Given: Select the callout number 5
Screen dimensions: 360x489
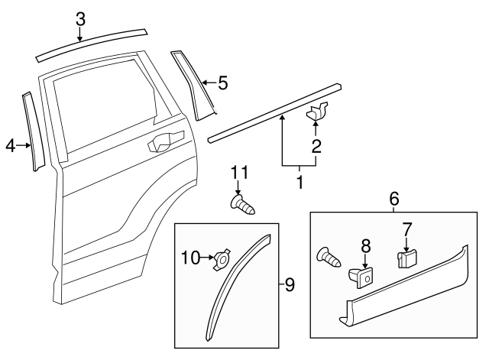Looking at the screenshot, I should point(222,83).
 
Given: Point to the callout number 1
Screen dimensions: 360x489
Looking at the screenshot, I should point(300,183).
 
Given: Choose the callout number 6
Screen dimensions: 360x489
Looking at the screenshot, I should point(394,197).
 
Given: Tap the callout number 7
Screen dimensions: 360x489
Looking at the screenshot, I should point(406,227).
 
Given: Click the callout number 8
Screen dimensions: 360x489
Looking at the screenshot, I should point(365,245).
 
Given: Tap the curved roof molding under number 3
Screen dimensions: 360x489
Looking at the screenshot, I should point(90,45).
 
